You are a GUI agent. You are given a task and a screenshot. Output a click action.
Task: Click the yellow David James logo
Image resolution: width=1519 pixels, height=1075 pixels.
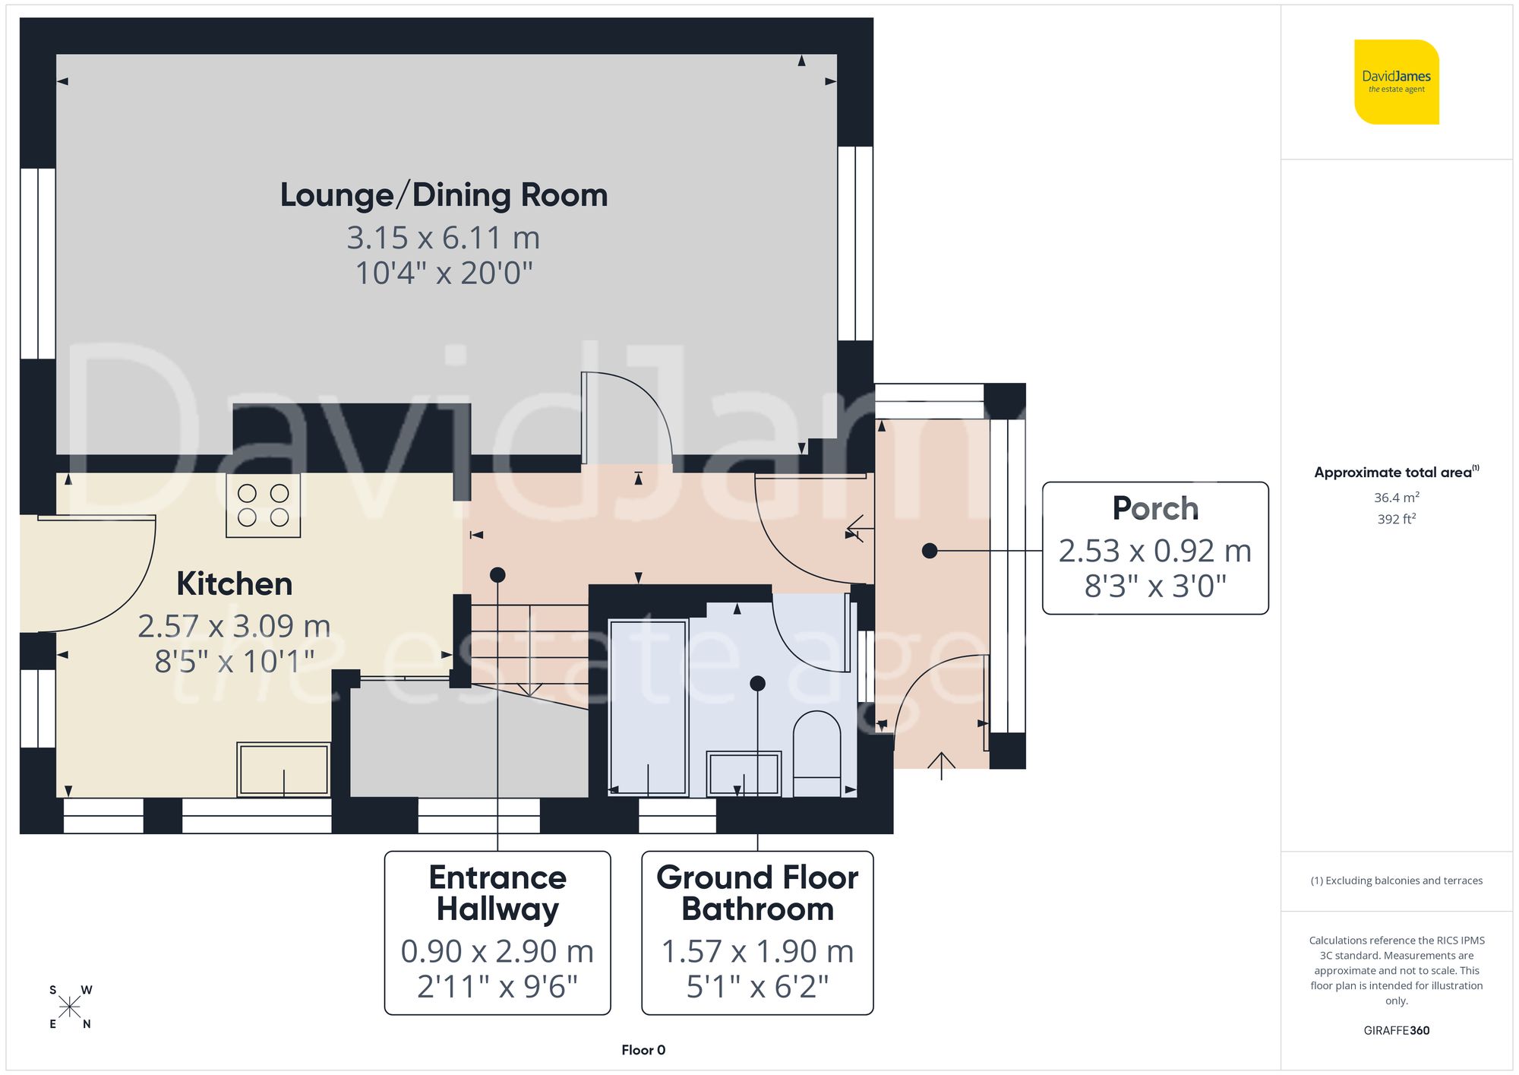(1396, 82)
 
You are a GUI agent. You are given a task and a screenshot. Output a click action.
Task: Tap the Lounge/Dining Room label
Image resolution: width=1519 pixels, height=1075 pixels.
(444, 195)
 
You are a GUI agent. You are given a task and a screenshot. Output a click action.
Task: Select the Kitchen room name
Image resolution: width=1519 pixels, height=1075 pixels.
(234, 583)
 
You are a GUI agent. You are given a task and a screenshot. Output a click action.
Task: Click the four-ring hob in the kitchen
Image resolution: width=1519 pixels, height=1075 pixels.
(263, 505)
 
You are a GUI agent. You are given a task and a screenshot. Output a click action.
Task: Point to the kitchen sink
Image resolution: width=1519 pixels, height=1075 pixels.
(283, 769)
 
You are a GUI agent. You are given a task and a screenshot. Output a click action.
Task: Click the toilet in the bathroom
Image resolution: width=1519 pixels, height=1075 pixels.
(816, 752)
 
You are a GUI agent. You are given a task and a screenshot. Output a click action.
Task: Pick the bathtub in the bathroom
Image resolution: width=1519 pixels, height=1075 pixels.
(648, 707)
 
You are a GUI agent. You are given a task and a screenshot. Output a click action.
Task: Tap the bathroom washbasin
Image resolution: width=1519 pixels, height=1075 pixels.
(744, 773)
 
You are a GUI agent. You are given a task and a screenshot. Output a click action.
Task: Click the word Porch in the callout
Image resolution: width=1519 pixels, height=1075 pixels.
(1155, 508)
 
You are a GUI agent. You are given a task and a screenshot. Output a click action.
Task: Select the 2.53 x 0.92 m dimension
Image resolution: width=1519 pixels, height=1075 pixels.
(1155, 551)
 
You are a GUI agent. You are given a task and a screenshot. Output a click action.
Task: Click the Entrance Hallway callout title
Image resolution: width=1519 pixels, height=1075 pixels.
(497, 893)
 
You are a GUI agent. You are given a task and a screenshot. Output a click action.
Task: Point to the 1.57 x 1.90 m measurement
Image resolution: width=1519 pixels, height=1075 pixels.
(757, 951)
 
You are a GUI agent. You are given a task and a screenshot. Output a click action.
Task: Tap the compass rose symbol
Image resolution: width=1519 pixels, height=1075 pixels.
(69, 1007)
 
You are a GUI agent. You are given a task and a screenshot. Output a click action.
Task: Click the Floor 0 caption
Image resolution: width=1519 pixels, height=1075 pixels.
(643, 1050)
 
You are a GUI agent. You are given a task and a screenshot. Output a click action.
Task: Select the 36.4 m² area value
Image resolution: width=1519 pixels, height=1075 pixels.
(1396, 498)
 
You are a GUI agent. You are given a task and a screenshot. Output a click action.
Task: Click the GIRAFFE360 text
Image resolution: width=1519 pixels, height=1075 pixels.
(1396, 1030)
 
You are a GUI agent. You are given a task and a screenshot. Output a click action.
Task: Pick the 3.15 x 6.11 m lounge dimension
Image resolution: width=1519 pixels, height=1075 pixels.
(444, 238)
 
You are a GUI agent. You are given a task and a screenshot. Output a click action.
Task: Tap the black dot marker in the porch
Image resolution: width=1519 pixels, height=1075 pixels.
(930, 551)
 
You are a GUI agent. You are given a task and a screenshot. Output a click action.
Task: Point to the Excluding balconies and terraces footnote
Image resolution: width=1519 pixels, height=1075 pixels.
(1396, 881)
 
